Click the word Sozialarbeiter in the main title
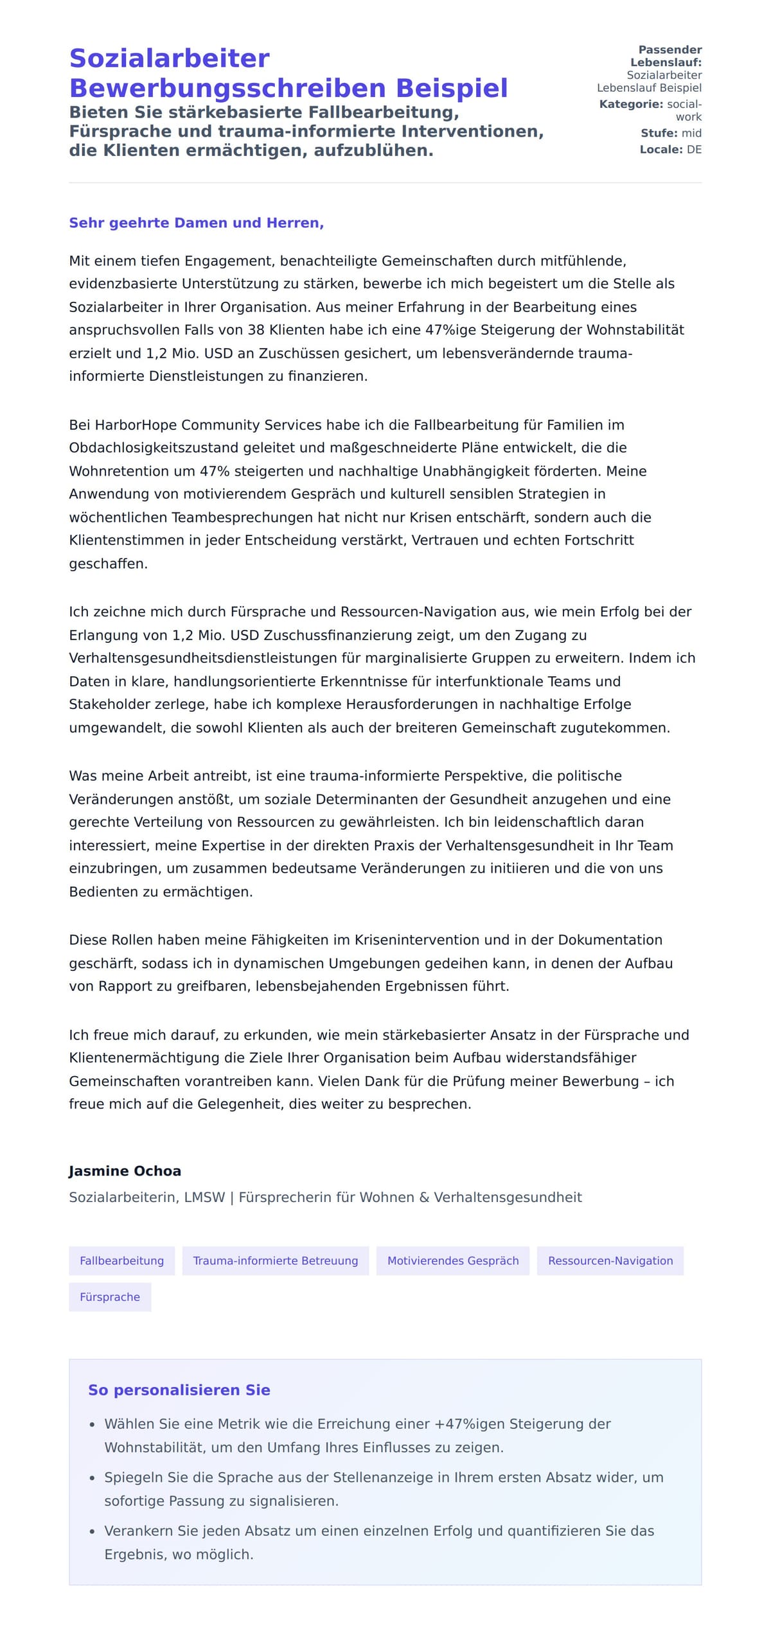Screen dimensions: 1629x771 pyautogui.click(x=169, y=58)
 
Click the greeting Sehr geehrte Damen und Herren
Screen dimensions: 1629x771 pyautogui.click(x=196, y=223)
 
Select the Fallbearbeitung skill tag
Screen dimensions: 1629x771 pyautogui.click(x=121, y=1260)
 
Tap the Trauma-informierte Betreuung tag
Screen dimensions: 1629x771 pyautogui.click(x=275, y=1260)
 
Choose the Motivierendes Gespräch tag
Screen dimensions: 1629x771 pyautogui.click(x=452, y=1260)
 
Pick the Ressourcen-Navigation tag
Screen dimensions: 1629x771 pyautogui.click(x=610, y=1260)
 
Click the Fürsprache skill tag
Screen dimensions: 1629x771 pyautogui.click(x=109, y=1297)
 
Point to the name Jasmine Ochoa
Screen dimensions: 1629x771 pyautogui.click(x=125, y=1171)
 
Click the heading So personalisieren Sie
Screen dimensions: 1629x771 pyautogui.click(x=179, y=1389)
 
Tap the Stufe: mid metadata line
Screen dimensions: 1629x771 pyautogui.click(x=670, y=133)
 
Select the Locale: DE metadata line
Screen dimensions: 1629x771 pyautogui.click(x=670, y=150)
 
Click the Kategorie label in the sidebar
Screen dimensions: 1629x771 pyautogui.click(x=630, y=104)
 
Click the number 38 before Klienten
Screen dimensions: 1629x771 pyautogui.click(x=256, y=330)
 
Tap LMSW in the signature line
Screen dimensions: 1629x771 pyautogui.click(x=204, y=1197)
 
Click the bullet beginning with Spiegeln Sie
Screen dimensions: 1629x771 pyautogui.click(x=384, y=1477)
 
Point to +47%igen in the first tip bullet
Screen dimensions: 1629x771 pyautogui.click(x=470, y=1424)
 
